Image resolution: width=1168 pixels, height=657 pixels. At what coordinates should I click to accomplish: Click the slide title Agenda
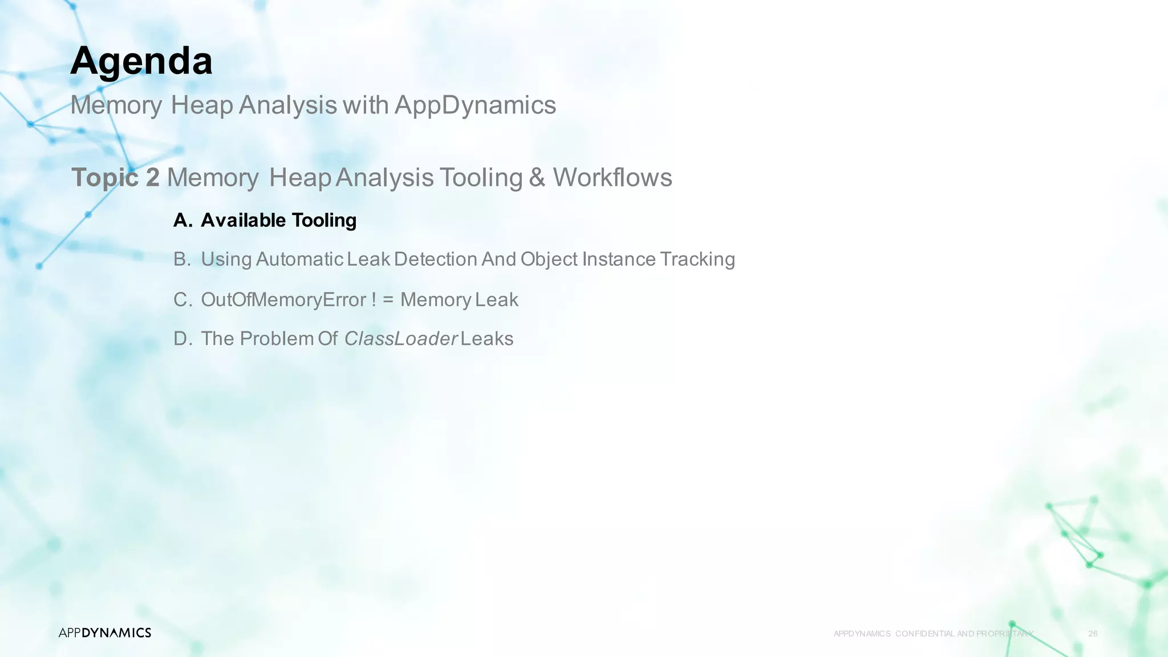point(141,61)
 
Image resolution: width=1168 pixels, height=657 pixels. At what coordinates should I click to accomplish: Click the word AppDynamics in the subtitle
point(475,105)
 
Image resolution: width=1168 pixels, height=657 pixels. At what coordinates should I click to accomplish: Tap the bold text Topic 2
point(115,177)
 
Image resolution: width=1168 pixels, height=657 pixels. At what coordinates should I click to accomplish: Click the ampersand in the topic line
point(537,177)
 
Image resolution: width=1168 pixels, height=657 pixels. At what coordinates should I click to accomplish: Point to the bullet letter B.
point(182,259)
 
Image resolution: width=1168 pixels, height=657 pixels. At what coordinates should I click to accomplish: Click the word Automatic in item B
point(299,259)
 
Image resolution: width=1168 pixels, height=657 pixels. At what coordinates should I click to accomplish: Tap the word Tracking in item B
point(697,259)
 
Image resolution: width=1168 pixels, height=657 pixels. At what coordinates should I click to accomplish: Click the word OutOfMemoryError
point(283,300)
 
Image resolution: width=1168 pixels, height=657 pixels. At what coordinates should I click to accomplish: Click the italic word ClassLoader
point(400,339)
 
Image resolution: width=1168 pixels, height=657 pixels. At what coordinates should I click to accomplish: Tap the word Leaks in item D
point(486,339)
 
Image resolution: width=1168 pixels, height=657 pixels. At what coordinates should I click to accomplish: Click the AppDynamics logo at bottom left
point(105,632)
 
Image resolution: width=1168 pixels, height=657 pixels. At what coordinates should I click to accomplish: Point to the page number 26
point(1093,634)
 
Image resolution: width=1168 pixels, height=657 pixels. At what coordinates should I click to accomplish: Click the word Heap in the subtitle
point(201,105)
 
